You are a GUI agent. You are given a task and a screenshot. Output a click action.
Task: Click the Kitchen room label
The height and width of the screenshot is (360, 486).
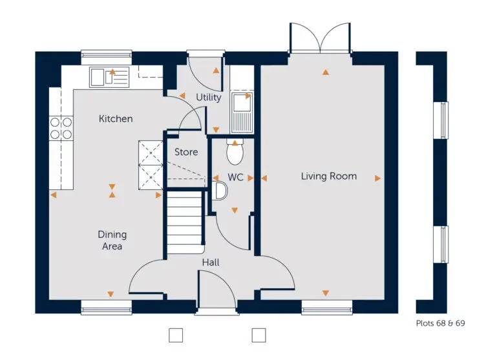click(x=116, y=119)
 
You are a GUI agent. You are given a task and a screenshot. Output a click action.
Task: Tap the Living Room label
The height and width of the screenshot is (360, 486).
click(x=328, y=176)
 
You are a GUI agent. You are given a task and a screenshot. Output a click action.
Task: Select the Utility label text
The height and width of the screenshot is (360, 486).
click(x=209, y=98)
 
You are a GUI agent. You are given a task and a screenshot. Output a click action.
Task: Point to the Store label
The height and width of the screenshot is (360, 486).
click(x=186, y=153)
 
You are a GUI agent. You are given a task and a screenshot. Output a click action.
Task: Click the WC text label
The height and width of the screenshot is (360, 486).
click(x=235, y=177)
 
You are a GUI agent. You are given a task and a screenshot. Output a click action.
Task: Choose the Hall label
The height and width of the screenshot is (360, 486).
click(x=210, y=262)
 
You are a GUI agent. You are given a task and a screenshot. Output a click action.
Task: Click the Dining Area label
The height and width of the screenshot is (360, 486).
click(x=112, y=240)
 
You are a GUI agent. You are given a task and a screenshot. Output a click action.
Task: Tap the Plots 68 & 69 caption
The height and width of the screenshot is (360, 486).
click(x=440, y=323)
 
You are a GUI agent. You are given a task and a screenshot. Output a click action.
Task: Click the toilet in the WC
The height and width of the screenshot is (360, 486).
click(x=235, y=153)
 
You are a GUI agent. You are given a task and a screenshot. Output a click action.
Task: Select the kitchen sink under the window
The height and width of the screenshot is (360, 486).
click(x=110, y=77)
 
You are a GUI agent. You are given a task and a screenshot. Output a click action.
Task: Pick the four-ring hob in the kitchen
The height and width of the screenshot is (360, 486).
click(x=61, y=128)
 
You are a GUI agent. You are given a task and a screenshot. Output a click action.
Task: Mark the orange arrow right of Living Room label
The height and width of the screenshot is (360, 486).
click(x=378, y=178)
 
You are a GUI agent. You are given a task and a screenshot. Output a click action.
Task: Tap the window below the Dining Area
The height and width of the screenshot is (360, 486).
click(x=102, y=310)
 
